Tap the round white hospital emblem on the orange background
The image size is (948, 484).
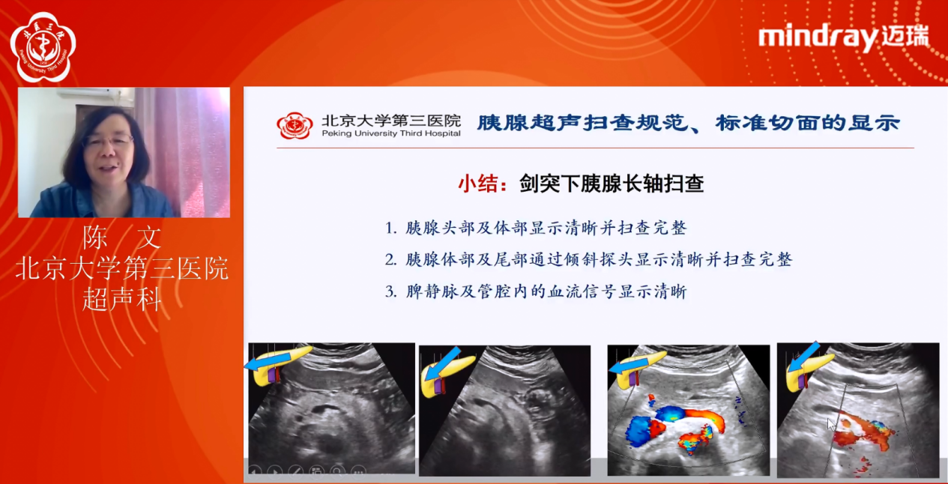(42, 46)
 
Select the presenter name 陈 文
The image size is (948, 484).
(122, 238)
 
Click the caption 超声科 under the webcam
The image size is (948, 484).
(122, 299)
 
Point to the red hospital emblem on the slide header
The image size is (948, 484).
(295, 125)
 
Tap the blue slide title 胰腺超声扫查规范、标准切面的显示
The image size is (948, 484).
(688, 122)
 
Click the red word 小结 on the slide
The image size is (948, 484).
(478, 184)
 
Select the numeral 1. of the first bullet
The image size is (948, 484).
(390, 228)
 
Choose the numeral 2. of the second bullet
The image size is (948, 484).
(390, 260)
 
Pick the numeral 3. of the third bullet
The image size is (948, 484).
(390, 292)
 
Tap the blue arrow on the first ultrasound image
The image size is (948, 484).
(263, 364)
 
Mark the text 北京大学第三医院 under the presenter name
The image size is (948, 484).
(122, 269)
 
